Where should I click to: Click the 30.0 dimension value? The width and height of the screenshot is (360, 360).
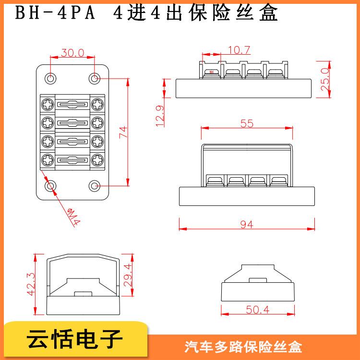click(x=72, y=53)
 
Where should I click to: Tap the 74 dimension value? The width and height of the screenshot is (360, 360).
click(x=123, y=132)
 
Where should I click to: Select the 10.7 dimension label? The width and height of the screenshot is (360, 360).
click(x=239, y=50)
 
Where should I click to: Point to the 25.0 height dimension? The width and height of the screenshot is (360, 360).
click(x=325, y=79)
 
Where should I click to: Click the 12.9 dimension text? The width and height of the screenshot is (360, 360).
click(x=160, y=116)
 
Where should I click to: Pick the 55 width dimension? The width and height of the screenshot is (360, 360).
click(x=247, y=123)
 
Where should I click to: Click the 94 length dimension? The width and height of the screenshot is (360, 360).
click(x=247, y=224)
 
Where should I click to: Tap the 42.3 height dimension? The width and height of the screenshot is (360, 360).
click(x=31, y=284)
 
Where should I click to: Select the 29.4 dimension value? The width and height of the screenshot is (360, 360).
click(x=128, y=275)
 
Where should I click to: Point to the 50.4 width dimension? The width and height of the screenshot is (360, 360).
click(x=258, y=310)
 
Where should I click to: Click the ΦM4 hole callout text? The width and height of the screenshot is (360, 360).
click(x=73, y=216)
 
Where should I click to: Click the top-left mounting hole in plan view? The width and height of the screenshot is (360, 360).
click(x=50, y=79)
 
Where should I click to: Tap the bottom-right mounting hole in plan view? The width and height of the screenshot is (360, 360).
click(x=95, y=186)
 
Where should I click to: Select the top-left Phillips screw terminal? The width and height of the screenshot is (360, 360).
click(x=48, y=104)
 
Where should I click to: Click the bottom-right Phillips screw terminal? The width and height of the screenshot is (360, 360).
click(x=97, y=160)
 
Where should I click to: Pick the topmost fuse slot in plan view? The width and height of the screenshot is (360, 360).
click(x=72, y=105)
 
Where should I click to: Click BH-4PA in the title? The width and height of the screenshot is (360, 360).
click(x=55, y=13)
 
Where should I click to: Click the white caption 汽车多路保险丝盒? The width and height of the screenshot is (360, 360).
click(x=243, y=347)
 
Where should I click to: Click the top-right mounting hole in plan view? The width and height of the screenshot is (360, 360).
click(x=95, y=79)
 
